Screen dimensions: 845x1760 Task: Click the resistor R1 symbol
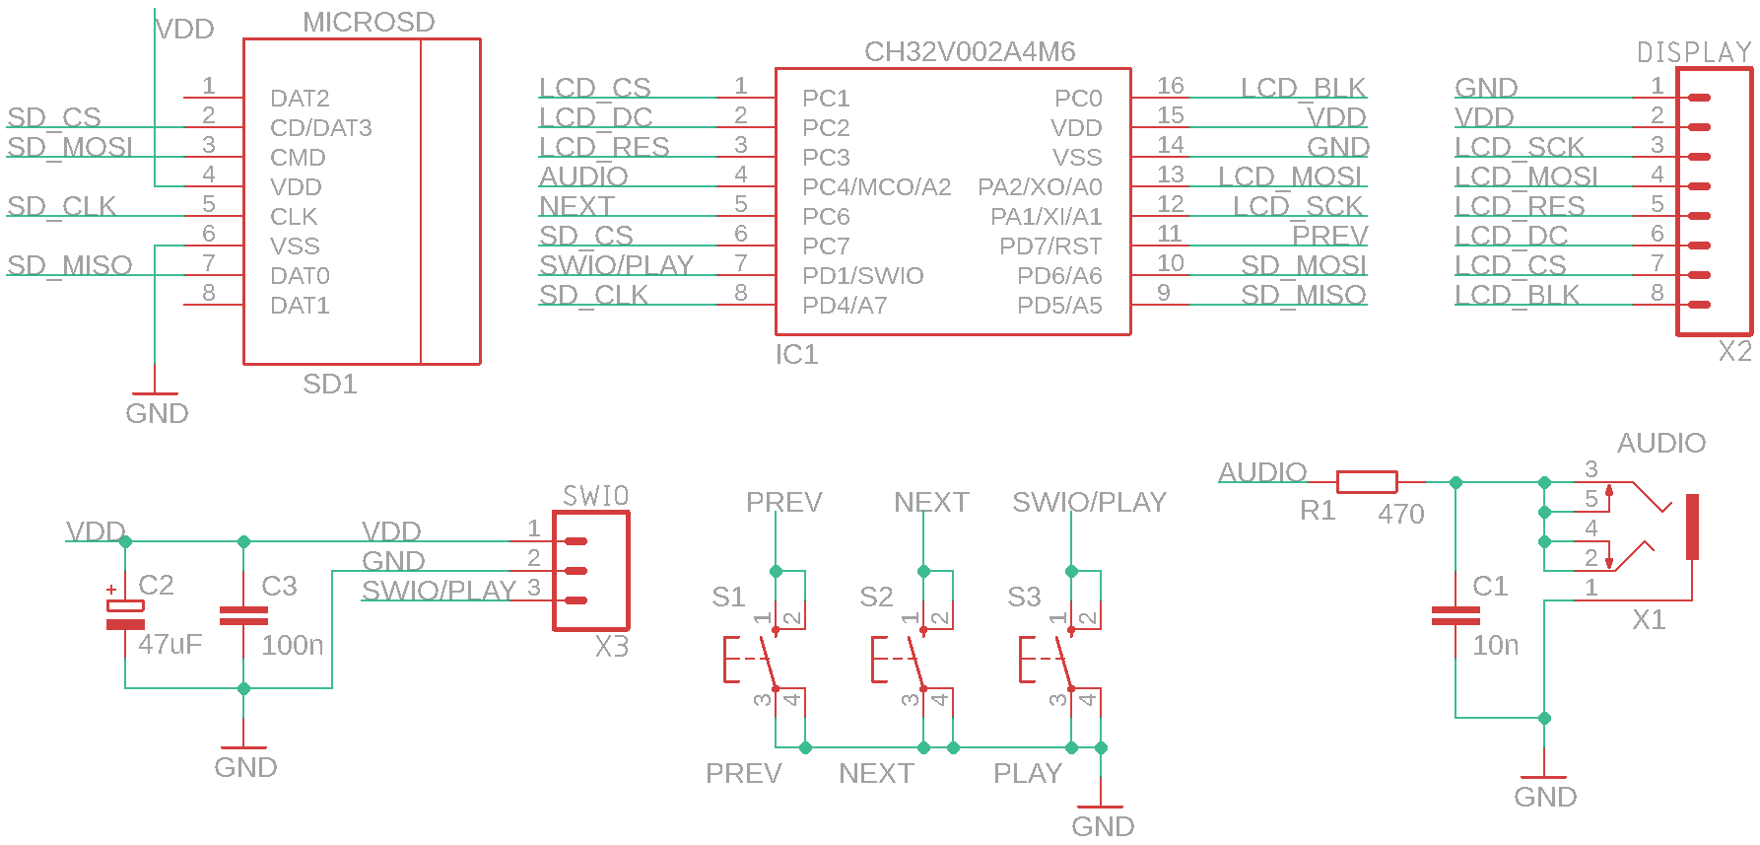coord(1366,482)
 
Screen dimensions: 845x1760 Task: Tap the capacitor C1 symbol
coord(1455,615)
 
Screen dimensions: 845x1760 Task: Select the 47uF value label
coord(169,645)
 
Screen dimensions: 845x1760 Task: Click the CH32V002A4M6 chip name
coord(969,52)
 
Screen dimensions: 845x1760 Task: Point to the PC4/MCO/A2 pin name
coord(876,187)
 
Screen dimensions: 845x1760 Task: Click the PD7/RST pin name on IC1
coord(1050,246)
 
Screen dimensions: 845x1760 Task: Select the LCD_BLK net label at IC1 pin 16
coord(1303,89)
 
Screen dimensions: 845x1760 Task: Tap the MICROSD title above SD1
coord(369,23)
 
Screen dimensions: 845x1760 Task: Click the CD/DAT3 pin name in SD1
coord(320,128)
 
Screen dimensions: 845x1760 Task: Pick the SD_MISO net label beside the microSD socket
coord(69,266)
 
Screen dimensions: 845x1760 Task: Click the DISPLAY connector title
coord(1693,52)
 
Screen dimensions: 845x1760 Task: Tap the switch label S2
coord(875,597)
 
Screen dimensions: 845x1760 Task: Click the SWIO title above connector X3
coord(595,496)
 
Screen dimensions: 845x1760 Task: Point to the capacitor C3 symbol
coord(243,615)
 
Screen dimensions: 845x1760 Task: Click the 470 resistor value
coord(1400,514)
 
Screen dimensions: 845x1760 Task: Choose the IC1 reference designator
coord(796,355)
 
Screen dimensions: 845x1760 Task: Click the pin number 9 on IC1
coord(1164,293)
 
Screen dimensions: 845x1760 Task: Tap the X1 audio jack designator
coord(1648,620)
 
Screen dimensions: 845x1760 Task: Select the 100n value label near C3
coord(292,645)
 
